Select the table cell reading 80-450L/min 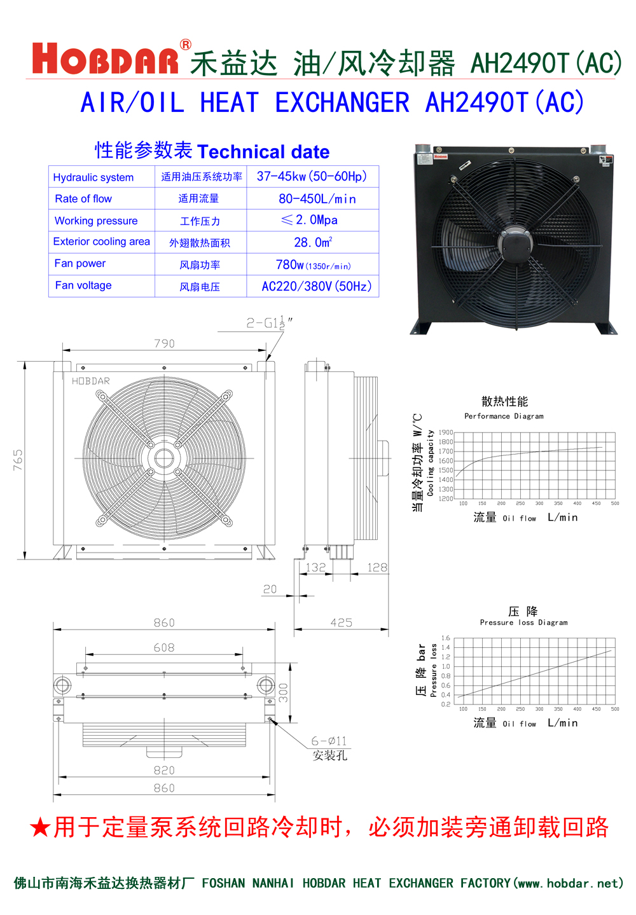(x=317, y=199)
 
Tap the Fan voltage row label (x=83, y=286)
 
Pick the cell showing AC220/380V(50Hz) (x=317, y=286)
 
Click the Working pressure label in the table (x=96, y=221)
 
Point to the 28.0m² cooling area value (x=313, y=242)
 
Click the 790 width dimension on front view (x=164, y=343)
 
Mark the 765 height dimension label (x=18, y=460)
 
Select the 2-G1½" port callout (x=269, y=323)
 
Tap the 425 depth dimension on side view (x=342, y=623)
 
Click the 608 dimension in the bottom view (x=164, y=647)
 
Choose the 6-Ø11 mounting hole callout (x=329, y=741)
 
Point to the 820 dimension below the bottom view (x=164, y=770)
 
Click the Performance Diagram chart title (x=504, y=416)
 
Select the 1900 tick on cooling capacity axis (x=446, y=432)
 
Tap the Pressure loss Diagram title (x=523, y=623)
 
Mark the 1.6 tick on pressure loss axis (x=446, y=638)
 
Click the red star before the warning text (x=40, y=827)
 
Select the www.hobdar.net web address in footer (x=570, y=883)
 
